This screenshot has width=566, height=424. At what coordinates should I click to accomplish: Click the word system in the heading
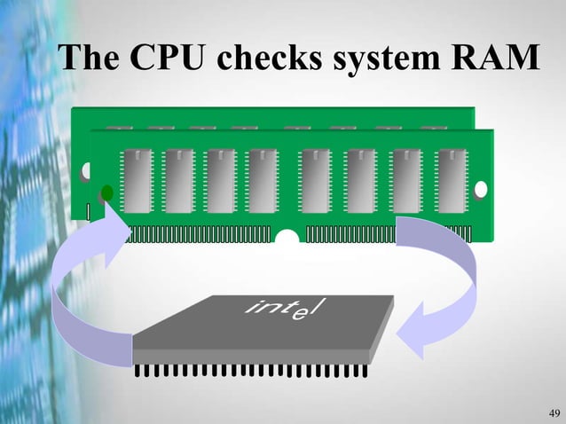pos(386,60)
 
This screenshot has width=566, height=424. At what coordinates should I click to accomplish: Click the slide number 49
pos(554,412)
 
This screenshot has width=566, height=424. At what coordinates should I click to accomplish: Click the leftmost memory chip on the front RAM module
pos(137,180)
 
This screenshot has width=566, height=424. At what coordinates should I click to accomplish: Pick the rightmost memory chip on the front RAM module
pos(452,180)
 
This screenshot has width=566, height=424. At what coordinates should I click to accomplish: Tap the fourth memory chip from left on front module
pos(263,180)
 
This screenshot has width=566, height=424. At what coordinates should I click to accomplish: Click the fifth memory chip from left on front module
pos(315,180)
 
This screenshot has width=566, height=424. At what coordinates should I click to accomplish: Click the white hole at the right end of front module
pos(481,189)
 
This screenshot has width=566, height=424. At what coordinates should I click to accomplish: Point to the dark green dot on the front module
pos(107,192)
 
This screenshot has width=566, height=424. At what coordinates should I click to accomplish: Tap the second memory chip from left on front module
pos(178,180)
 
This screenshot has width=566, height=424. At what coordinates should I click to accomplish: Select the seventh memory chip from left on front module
pos(407,180)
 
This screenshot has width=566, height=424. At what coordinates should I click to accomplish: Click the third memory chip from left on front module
pos(220,180)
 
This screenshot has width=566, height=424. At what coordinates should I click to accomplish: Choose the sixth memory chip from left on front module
pos(361,180)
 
